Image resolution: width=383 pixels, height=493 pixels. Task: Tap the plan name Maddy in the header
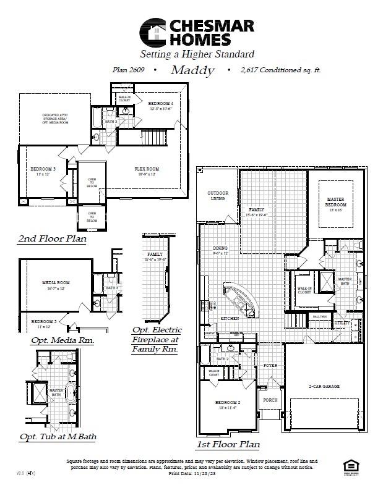[x=192, y=70]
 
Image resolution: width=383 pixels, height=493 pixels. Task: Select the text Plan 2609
[x=128, y=70]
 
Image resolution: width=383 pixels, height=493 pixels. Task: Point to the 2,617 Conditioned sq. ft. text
[x=281, y=70]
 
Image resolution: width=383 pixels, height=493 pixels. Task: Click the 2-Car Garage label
[x=324, y=386]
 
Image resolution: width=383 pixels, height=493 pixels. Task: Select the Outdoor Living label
[x=217, y=196]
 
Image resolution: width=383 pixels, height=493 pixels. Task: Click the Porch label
[x=270, y=400]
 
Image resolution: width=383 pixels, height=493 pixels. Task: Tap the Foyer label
[x=270, y=365]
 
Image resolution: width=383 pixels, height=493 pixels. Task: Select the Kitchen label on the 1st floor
[x=230, y=318]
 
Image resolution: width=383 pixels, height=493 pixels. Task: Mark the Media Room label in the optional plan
[x=56, y=284]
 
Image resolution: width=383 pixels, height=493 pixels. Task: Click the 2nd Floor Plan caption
[x=52, y=238]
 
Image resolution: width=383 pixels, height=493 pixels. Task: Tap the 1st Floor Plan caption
[x=228, y=444]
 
